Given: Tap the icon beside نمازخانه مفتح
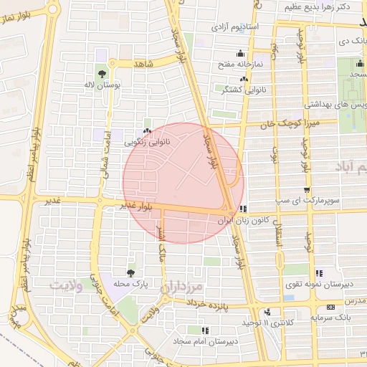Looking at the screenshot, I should [239, 53].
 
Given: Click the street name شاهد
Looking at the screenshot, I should [143, 64].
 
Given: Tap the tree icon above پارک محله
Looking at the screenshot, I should [130, 273].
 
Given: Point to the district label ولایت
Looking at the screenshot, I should [70, 286].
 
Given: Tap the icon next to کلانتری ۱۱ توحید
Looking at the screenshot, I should [267, 312].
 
